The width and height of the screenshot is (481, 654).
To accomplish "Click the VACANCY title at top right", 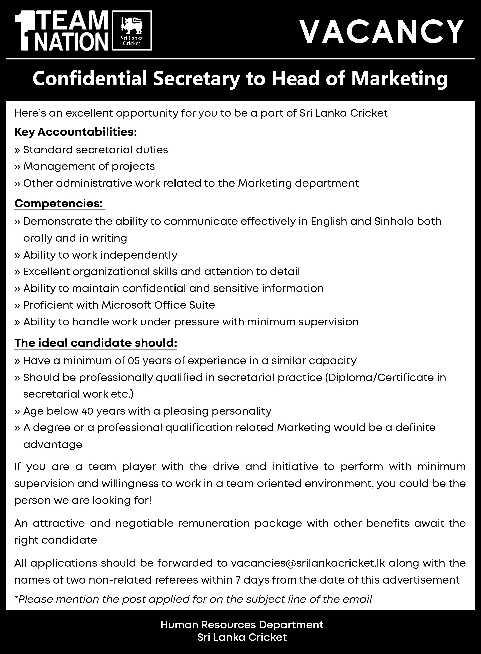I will click(x=382, y=31).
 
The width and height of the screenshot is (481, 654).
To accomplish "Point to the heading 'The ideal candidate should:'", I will click(x=96, y=343).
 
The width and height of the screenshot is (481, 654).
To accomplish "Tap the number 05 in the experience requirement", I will click(x=133, y=361).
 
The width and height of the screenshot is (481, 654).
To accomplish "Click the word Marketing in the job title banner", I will click(x=400, y=79).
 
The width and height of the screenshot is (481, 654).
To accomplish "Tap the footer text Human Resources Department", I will click(x=242, y=625).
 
